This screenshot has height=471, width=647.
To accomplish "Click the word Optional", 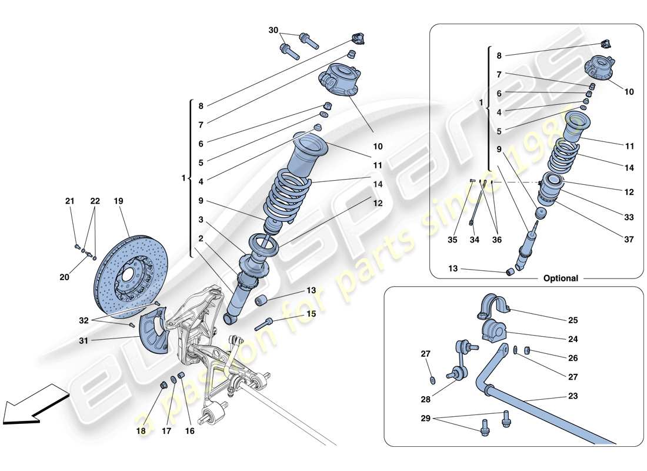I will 561,278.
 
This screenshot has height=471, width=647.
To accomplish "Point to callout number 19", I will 118,201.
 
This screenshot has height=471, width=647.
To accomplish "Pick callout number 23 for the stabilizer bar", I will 573,396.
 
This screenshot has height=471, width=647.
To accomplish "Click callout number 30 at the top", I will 273,31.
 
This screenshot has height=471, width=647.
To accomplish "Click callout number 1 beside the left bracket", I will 184,178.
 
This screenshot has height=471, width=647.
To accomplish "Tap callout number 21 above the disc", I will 70,201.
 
